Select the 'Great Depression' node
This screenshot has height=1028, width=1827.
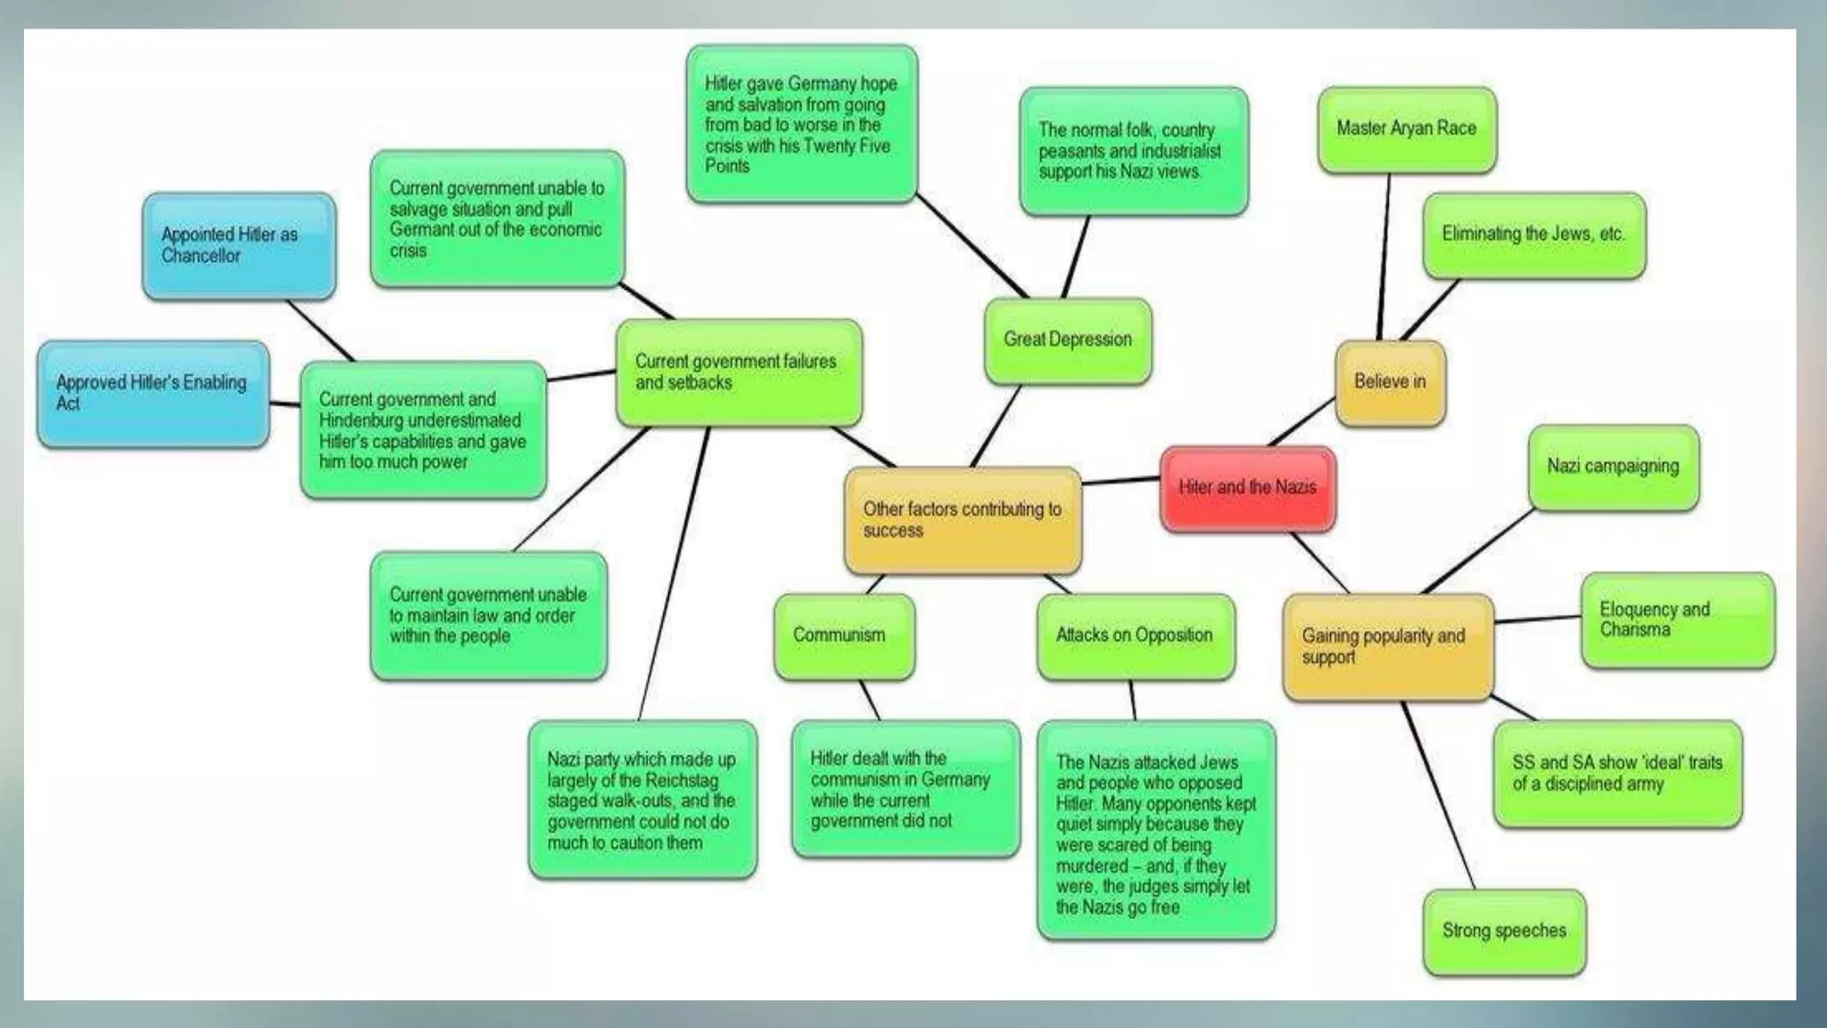(1067, 341)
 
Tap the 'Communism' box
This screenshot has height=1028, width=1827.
(843, 636)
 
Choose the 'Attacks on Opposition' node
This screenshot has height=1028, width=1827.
(1135, 636)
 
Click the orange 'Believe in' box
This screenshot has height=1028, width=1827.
(1389, 383)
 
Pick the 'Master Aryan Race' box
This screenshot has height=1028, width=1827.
(1406, 129)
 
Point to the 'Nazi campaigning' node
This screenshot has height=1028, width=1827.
(1612, 467)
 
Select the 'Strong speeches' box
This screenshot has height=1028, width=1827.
(1504, 932)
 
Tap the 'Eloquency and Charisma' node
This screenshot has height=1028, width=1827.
(1676, 620)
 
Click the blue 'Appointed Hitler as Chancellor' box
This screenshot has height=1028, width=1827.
(238, 245)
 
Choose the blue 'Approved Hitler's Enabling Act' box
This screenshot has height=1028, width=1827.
(153, 394)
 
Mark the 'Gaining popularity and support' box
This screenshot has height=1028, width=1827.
(1387, 647)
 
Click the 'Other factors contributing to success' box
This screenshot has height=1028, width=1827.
(962, 520)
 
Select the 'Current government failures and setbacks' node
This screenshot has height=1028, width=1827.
(738, 372)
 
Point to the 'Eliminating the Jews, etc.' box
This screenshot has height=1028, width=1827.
(1534, 235)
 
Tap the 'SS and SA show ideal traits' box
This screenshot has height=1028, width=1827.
(1616, 774)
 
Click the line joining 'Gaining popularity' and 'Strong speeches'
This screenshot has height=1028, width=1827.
(1438, 794)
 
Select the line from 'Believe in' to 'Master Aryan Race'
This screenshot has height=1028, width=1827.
(1385, 259)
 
